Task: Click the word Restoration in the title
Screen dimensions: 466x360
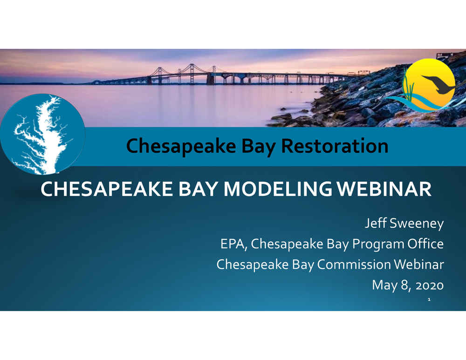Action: point(334,146)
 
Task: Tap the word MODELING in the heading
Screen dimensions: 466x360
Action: point(278,189)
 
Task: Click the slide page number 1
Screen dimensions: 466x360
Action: point(429,299)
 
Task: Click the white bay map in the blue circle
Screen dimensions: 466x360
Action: point(41,134)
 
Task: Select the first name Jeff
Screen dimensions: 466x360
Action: point(375,223)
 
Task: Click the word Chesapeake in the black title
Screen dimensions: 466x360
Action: point(181,146)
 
